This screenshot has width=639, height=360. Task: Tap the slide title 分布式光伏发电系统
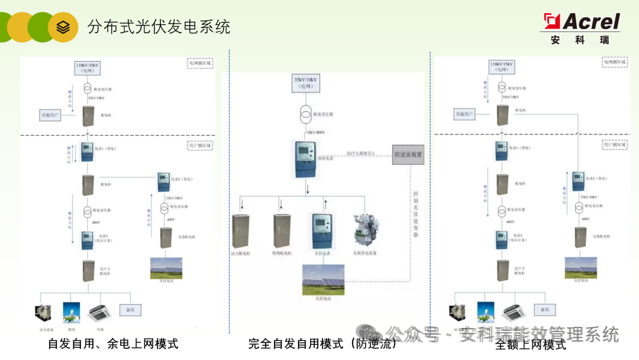coord(159,27)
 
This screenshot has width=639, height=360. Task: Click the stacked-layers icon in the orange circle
coord(63,27)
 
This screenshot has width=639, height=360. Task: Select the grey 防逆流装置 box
coord(408,155)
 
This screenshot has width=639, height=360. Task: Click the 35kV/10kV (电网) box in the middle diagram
coord(305,82)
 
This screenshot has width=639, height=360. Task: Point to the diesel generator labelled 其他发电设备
coord(364,231)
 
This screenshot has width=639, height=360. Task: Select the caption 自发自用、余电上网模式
coord(113,344)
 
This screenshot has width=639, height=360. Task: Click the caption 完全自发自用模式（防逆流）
coord(322,344)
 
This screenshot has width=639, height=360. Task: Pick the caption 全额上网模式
coord(530,345)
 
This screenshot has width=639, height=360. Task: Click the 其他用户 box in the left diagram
coord(49,114)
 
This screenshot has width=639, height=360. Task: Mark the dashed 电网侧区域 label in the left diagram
coord(200,63)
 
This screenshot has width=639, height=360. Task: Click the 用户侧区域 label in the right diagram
coord(614,144)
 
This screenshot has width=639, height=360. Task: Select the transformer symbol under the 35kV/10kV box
coord(305,112)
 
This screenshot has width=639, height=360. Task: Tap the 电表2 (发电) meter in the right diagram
coord(578,181)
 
